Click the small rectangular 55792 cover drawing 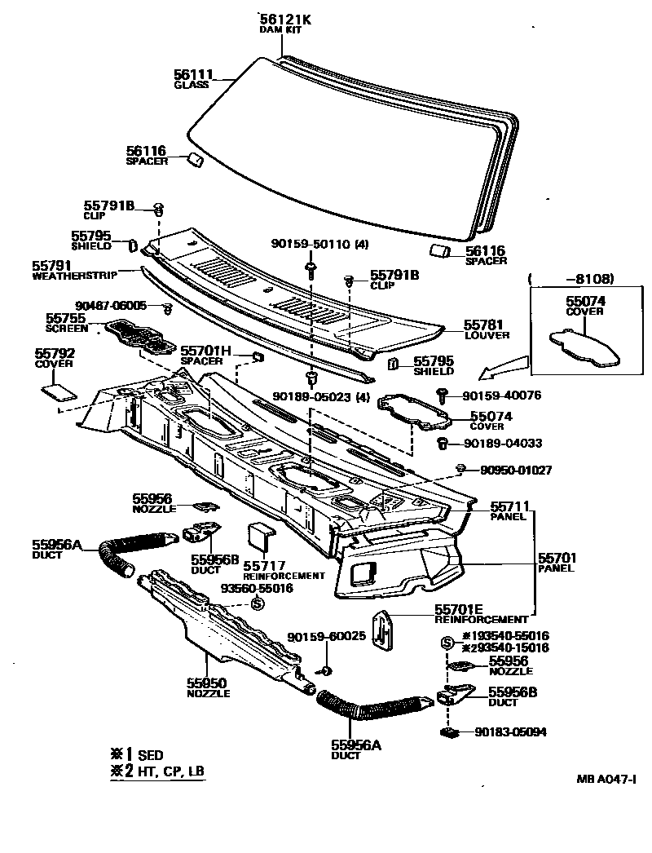coord(55,390)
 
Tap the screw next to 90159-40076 coord(444,395)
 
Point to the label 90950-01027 coord(516,470)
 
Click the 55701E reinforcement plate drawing coord(383,630)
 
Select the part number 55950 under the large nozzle coord(206,683)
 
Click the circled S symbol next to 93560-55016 coord(257,603)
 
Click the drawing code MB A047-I coord(605,778)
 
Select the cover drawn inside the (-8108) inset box coord(585,347)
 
